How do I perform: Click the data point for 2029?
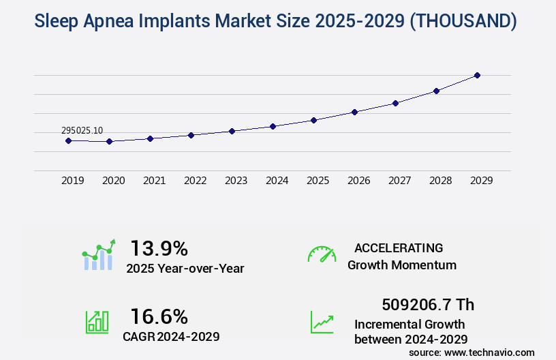(x=477, y=75)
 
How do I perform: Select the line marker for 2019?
(x=68, y=140)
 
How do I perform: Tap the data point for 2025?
(x=313, y=120)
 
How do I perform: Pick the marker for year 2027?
(x=395, y=103)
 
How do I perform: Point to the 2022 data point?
(x=191, y=135)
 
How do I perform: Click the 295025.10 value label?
(x=82, y=130)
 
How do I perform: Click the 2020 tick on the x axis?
(x=113, y=181)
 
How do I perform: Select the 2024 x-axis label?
(x=277, y=181)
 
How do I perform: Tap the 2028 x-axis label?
(x=440, y=181)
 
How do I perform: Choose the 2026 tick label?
(x=358, y=181)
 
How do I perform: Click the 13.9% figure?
(x=159, y=247)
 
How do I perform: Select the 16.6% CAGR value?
(x=159, y=316)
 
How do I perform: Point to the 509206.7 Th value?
(x=427, y=304)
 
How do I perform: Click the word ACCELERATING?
(x=399, y=247)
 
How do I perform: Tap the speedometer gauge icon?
(x=322, y=254)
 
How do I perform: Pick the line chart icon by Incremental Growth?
(x=322, y=322)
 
